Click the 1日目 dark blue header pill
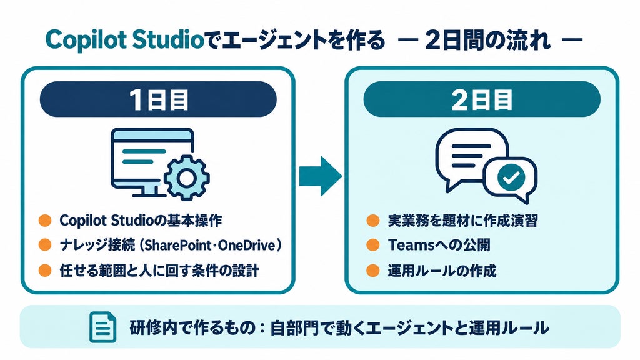pyautogui.click(x=158, y=99)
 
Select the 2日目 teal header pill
pyautogui.click(x=482, y=99)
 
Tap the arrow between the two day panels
pyautogui.click(x=321, y=176)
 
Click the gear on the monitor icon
pyautogui.click(x=186, y=177)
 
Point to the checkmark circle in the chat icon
pyautogui.click(x=511, y=177)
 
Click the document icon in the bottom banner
pyautogui.click(x=102, y=327)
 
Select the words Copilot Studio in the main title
pyautogui.click(x=124, y=41)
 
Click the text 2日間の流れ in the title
pyautogui.click(x=487, y=41)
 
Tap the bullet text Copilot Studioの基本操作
pyautogui.click(x=141, y=221)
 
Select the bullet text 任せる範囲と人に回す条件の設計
pyautogui.click(x=159, y=271)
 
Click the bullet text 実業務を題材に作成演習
pyautogui.click(x=463, y=221)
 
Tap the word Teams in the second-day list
pyautogui.click(x=410, y=245)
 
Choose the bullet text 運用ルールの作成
pyautogui.click(x=442, y=271)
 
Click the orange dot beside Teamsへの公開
pyautogui.click(x=372, y=245)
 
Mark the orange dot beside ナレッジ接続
pyautogui.click(x=45, y=245)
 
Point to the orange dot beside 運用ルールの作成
pyautogui.click(x=372, y=270)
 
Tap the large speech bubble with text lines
pyautogui.click(x=469, y=157)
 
